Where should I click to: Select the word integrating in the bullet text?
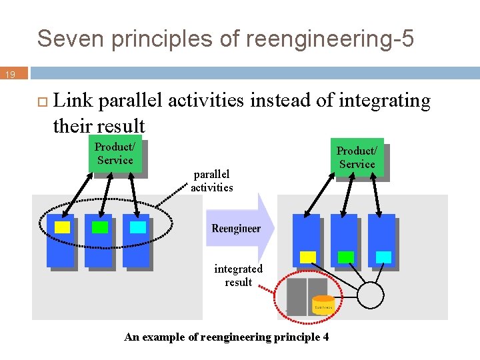[x=385, y=101]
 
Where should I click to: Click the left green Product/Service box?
[x=115, y=154]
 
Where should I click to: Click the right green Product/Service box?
[x=357, y=158]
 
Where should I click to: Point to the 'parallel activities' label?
[x=212, y=181]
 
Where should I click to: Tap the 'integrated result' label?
[x=238, y=275]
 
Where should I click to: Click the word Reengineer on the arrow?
[x=236, y=229]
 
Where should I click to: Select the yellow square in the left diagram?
[x=62, y=227]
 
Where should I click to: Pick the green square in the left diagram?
[x=100, y=227]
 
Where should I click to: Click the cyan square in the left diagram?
[x=137, y=227]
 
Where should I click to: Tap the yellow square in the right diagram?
[x=308, y=257]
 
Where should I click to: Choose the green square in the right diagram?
[x=346, y=257]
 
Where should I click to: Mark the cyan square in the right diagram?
[x=383, y=257]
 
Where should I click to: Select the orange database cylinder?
[x=323, y=305]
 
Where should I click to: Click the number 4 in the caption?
[x=325, y=337]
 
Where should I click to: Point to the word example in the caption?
[x=161, y=337]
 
